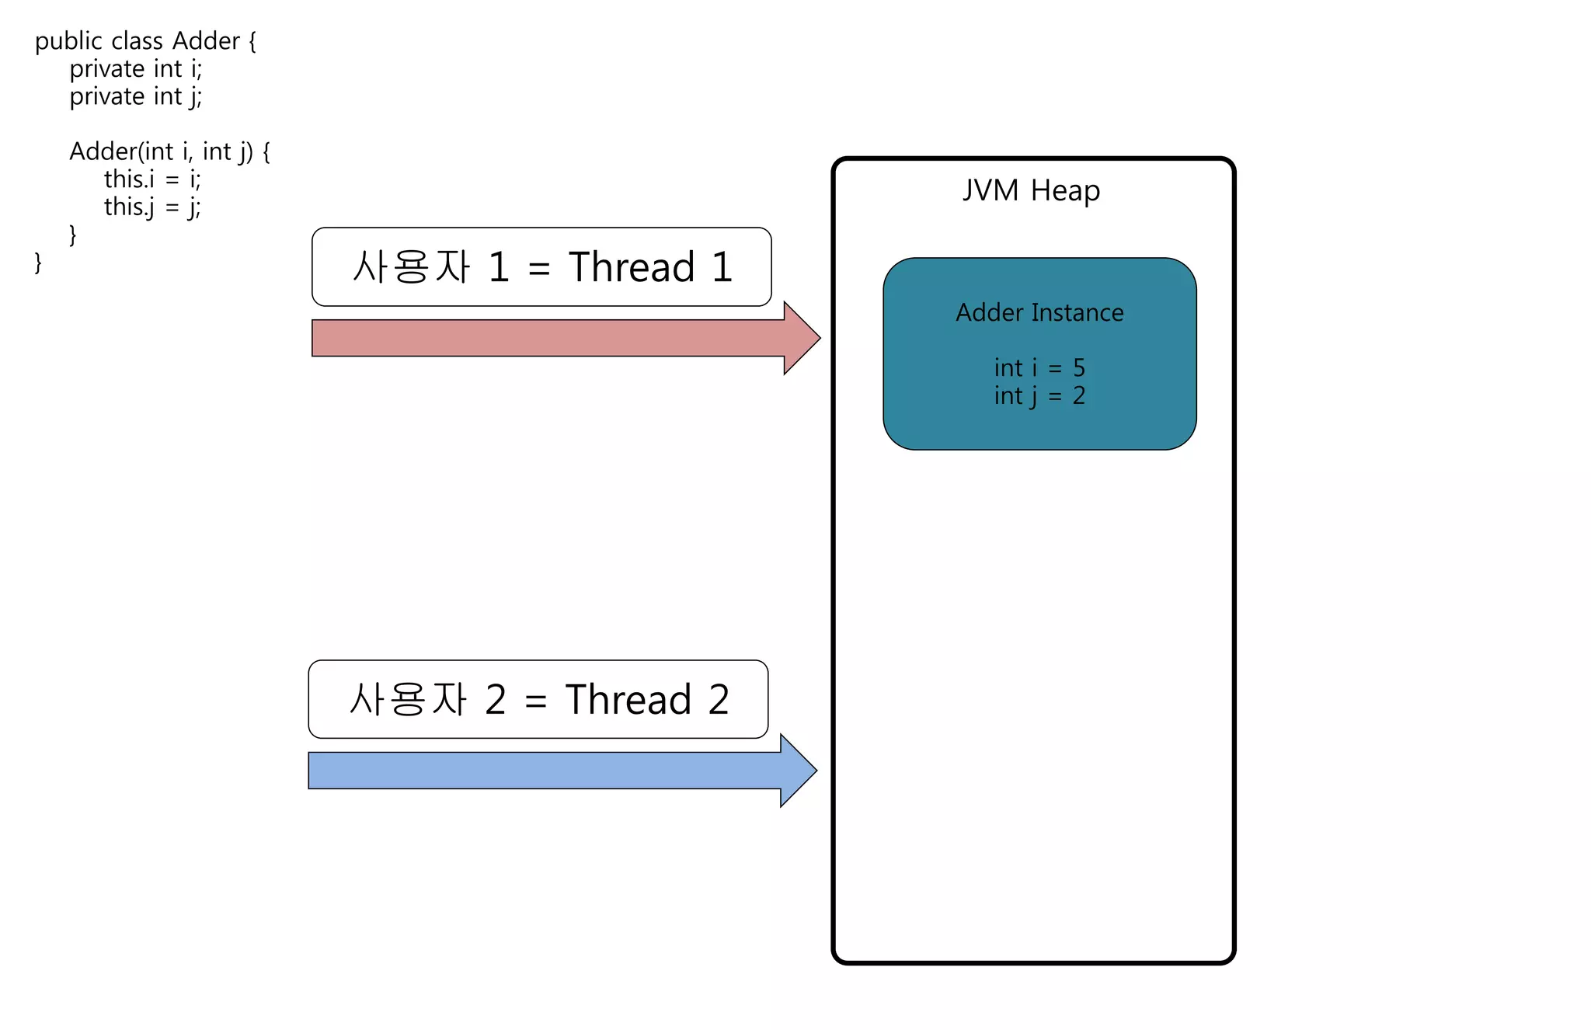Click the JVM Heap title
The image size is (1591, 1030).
(1031, 190)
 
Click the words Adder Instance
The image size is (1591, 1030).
(1039, 312)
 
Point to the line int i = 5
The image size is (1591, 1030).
(1039, 367)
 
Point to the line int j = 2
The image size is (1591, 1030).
(1039, 396)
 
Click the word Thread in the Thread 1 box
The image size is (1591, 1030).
(631, 267)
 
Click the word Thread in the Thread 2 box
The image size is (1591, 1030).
(628, 699)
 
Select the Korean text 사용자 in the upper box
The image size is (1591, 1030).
(411, 267)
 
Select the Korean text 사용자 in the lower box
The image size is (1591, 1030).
(408, 699)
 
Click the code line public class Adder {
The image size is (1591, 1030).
(145, 41)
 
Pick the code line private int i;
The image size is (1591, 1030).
(136, 69)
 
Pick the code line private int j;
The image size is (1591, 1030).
(136, 97)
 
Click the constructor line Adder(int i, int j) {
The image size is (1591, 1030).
(169, 151)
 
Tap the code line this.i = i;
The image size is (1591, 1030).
(152, 179)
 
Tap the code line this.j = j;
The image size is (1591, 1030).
(152, 207)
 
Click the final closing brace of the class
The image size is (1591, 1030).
(38, 263)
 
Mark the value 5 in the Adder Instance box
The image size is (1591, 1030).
(1079, 367)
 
